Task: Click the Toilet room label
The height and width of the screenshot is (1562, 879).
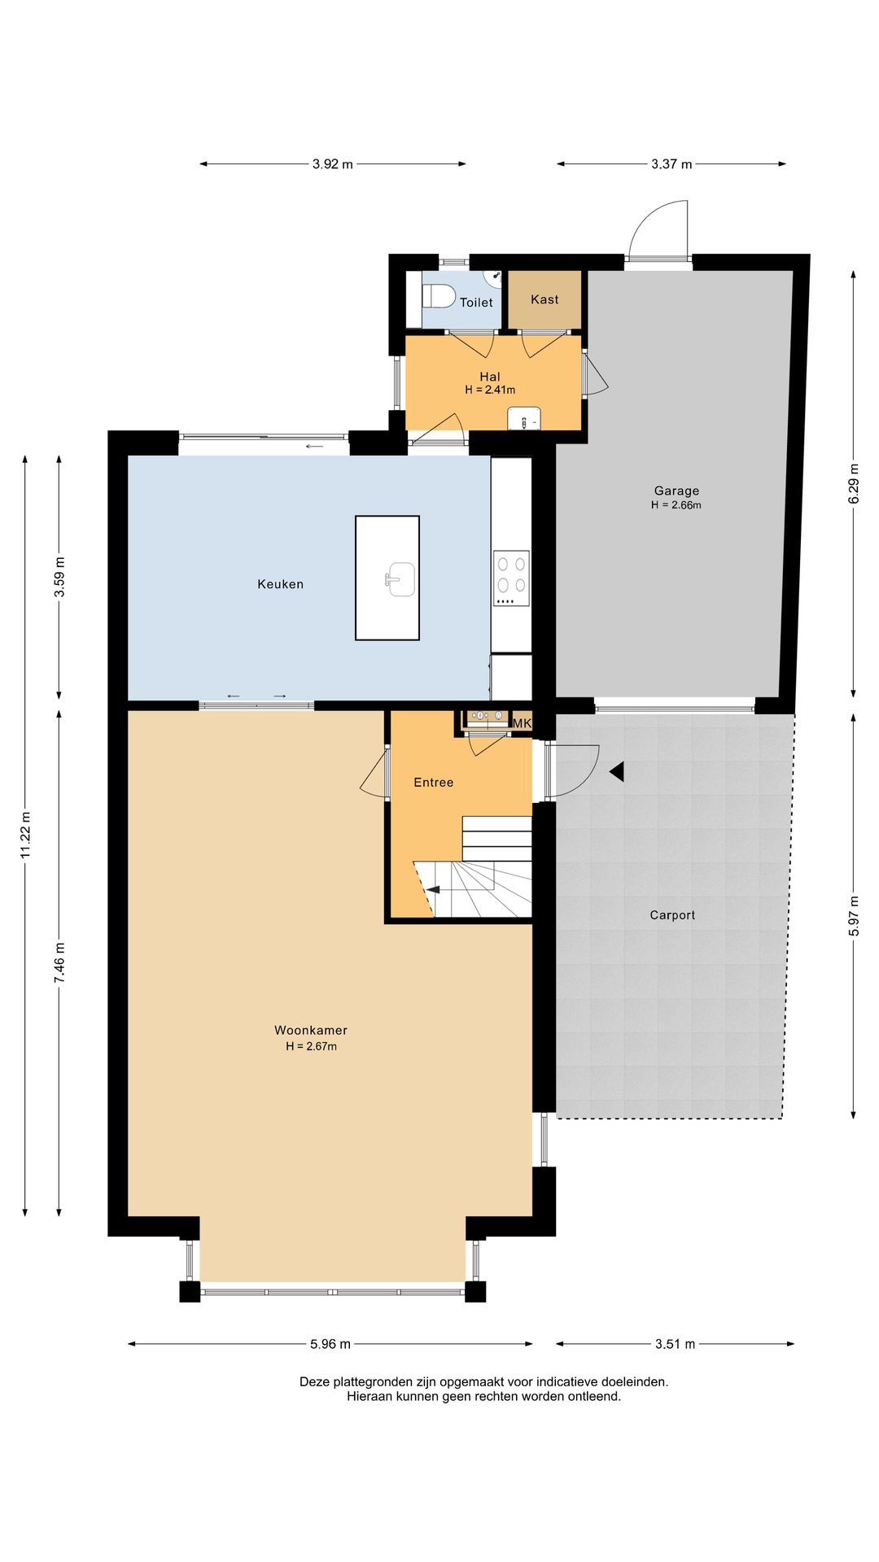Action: (x=476, y=303)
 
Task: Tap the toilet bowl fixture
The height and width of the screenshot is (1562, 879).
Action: (x=439, y=296)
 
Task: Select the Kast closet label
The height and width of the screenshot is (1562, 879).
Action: (x=544, y=299)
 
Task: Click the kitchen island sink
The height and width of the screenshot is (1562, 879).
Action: (x=400, y=579)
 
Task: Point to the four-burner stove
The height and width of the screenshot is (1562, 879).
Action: (x=511, y=578)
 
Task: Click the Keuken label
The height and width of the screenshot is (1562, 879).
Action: (x=281, y=584)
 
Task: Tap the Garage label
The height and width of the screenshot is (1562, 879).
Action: (x=676, y=491)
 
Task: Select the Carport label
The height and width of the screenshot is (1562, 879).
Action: (x=672, y=915)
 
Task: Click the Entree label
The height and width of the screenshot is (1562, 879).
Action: (x=434, y=783)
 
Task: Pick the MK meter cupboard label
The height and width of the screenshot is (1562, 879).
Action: (x=522, y=722)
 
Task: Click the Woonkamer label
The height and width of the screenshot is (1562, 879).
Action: (x=311, y=1031)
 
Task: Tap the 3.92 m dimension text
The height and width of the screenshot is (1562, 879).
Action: (x=333, y=164)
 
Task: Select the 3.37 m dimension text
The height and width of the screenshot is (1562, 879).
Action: (x=671, y=164)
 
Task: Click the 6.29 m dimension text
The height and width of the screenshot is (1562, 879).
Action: (x=854, y=484)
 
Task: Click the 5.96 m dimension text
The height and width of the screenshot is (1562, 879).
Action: (x=330, y=1344)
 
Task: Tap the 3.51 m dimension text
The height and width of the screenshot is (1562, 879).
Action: (x=676, y=1344)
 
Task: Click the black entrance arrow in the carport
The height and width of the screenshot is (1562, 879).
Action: (x=617, y=771)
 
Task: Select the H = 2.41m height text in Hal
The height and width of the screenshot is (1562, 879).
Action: (x=490, y=390)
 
